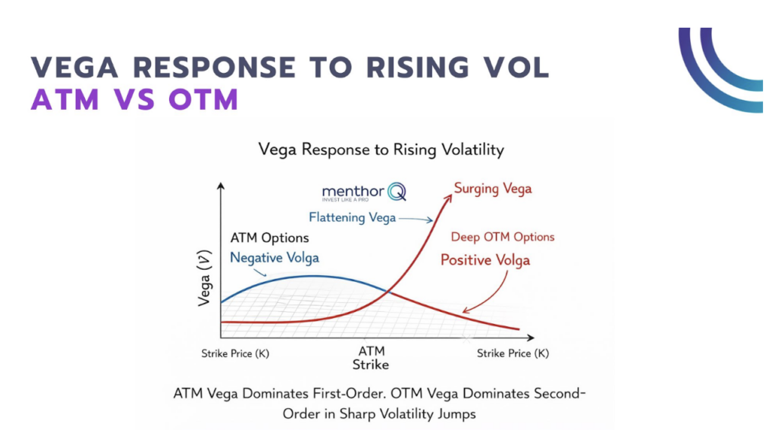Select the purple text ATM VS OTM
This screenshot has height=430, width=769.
(134, 99)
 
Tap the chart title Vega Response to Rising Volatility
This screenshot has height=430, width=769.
(381, 150)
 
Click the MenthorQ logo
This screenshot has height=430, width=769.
(363, 193)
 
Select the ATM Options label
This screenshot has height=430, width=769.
(269, 238)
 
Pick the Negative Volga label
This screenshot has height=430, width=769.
(274, 257)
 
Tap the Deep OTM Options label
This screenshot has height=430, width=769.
(502, 237)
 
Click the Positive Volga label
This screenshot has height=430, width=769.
(485, 260)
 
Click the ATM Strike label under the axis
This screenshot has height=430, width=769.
(371, 358)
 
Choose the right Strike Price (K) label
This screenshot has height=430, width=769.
(513, 353)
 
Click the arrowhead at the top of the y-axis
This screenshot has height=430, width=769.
(220, 186)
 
